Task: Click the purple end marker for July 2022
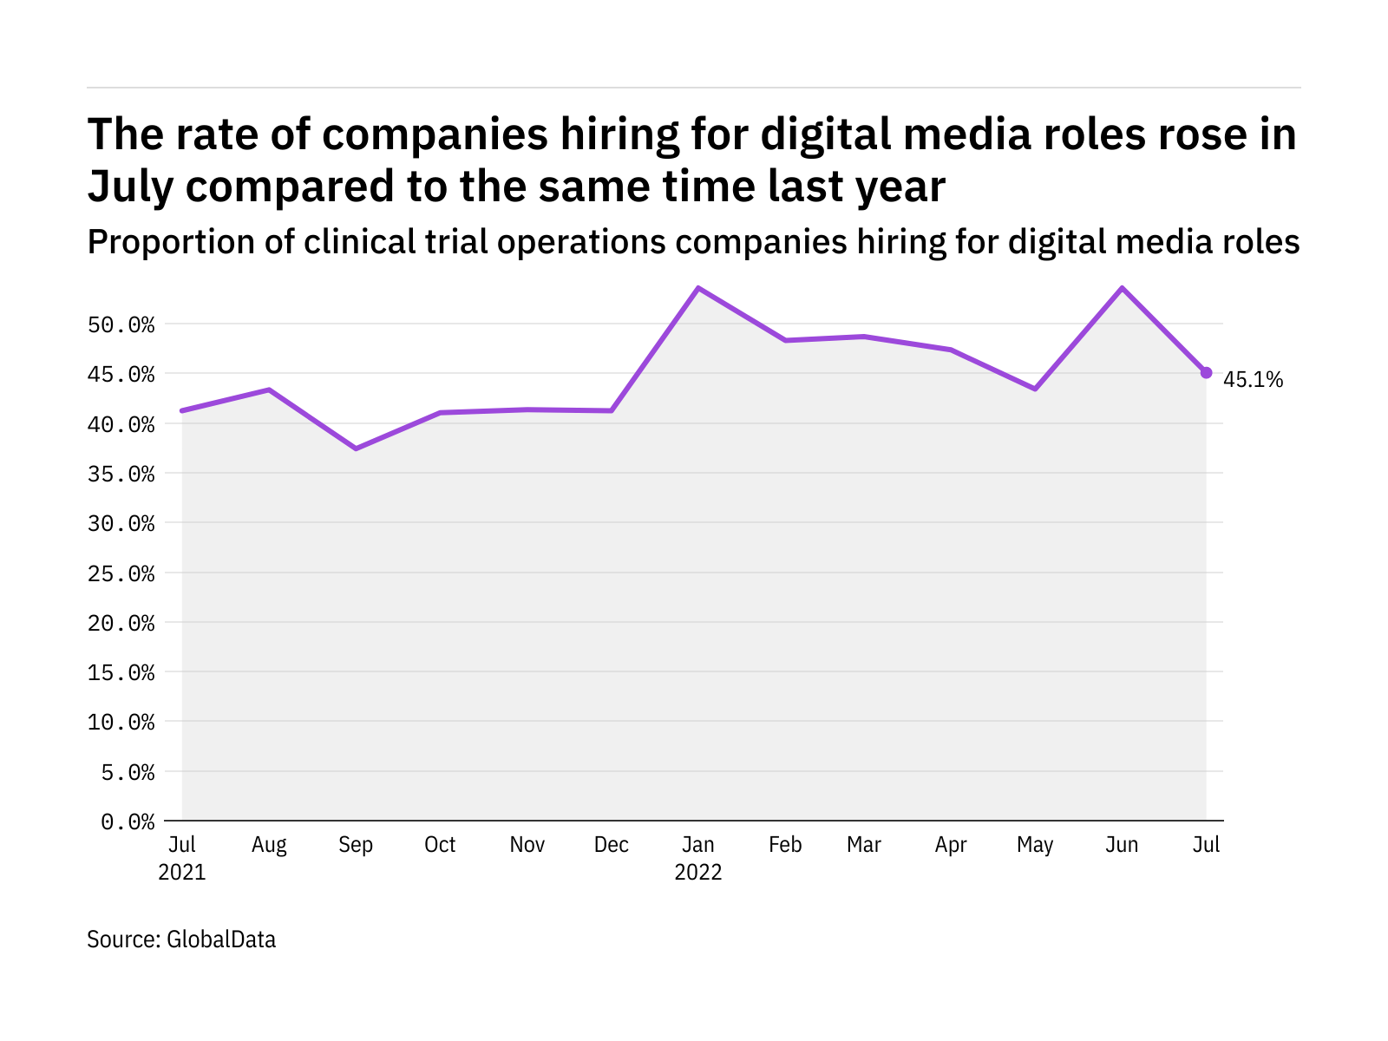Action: pyautogui.click(x=1206, y=372)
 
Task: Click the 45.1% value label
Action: pyautogui.click(x=1253, y=380)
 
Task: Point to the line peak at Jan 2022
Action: pyautogui.click(x=698, y=288)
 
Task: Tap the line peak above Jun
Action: pyautogui.click(x=1122, y=288)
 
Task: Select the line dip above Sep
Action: pyautogui.click(x=356, y=448)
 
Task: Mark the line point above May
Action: pyautogui.click(x=1035, y=389)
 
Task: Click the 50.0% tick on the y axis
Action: pyautogui.click(x=121, y=325)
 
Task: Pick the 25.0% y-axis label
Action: pyautogui.click(x=121, y=573)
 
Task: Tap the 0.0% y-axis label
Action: pyautogui.click(x=128, y=822)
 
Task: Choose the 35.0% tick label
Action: pyautogui.click(x=121, y=475)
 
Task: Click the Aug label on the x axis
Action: pyautogui.click(x=269, y=845)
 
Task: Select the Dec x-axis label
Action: pyautogui.click(x=612, y=845)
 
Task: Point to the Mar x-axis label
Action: pyautogui.click(x=864, y=845)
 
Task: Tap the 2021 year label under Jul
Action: pyautogui.click(x=182, y=872)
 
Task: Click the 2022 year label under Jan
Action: pyautogui.click(x=698, y=872)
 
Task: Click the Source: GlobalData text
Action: pyautogui.click(x=181, y=940)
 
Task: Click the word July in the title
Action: pyautogui.click(x=131, y=187)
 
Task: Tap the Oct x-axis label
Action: pyautogui.click(x=440, y=845)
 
